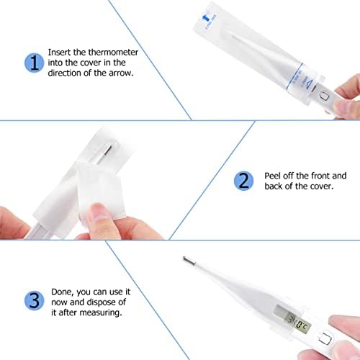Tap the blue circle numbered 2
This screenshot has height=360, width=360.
click(x=243, y=180)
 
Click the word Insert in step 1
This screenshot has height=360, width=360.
click(x=60, y=53)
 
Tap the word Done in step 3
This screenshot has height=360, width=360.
click(x=63, y=292)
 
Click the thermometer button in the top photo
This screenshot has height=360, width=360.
click(x=324, y=94)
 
